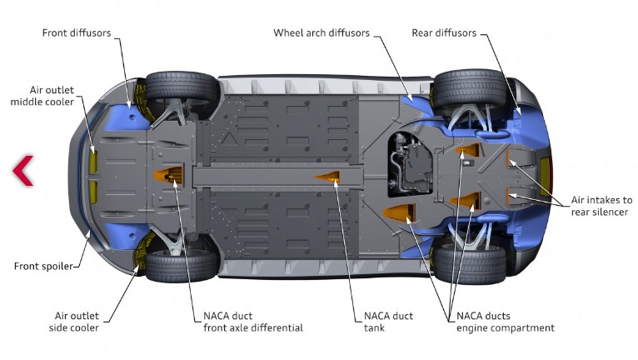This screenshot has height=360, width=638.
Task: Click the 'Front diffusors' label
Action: (76, 33)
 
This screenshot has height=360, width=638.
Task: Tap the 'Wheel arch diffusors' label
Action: (321, 33)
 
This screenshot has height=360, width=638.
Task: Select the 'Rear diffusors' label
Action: (444, 33)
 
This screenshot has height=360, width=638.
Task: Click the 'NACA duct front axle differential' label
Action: (252, 322)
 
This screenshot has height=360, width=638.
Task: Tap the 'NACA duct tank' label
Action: (388, 322)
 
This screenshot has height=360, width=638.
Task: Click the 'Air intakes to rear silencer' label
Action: (601, 206)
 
